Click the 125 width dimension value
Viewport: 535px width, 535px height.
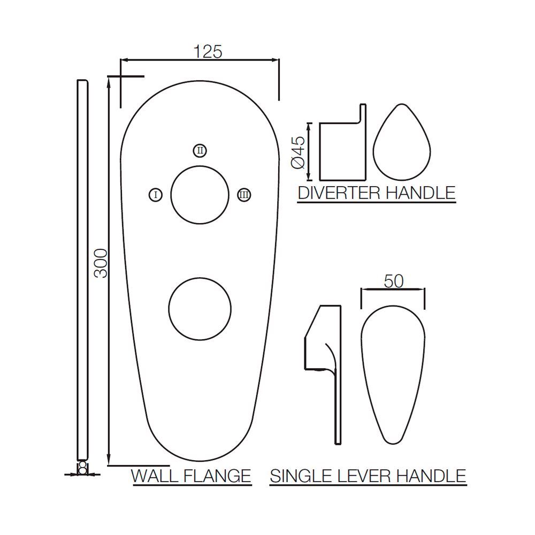pyautogui.click(x=208, y=51)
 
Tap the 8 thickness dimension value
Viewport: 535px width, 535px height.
pyautogui.click(x=82, y=469)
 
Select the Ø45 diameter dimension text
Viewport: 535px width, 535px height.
pyautogui.click(x=298, y=152)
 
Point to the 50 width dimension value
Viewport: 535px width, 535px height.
pyautogui.click(x=393, y=281)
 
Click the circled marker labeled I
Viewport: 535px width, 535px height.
pyautogui.click(x=156, y=195)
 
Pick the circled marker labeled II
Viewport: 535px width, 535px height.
pyautogui.click(x=200, y=150)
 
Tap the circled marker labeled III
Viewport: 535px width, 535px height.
pyautogui.click(x=244, y=195)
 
